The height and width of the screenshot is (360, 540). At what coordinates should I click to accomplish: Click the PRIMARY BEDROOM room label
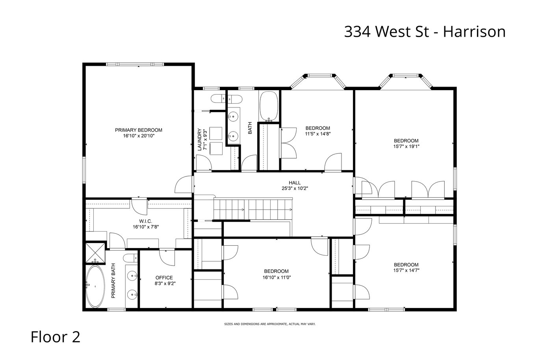pos(138,130)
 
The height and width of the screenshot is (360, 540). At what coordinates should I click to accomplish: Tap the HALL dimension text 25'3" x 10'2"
pos(295,188)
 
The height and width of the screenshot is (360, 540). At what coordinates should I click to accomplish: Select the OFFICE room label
pos(164,278)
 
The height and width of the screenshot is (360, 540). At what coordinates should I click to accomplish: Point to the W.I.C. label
pos(145,221)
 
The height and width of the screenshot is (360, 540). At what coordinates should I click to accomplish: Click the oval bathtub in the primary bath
pos(95,287)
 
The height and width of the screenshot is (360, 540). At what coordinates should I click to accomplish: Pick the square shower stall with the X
pos(95,253)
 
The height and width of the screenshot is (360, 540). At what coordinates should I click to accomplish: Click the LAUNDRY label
pos(200,139)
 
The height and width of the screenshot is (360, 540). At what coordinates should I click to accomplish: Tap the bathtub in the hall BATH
pos(269,106)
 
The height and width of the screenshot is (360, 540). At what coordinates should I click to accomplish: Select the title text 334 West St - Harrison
pos(425,32)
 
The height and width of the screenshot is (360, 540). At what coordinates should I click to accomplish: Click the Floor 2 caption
pos(55,337)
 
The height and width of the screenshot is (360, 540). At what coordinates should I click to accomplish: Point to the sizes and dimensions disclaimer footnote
pos(270,324)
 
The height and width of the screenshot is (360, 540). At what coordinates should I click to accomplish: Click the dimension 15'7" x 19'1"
pos(406,147)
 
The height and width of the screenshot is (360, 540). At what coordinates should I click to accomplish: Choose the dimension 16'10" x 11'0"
pos(276,277)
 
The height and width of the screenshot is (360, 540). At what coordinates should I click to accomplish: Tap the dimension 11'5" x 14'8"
pos(318,134)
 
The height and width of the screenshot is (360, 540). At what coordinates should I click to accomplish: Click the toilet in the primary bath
pos(130,258)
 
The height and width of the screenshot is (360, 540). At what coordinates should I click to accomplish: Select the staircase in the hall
pos(253,209)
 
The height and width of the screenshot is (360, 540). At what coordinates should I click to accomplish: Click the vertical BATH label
pos(250,128)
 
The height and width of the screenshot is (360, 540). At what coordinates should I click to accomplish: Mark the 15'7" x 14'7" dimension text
pos(406,271)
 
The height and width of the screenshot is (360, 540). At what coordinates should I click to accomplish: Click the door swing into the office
pos(167,258)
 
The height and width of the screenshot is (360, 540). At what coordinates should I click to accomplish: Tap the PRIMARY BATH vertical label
pos(113,281)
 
